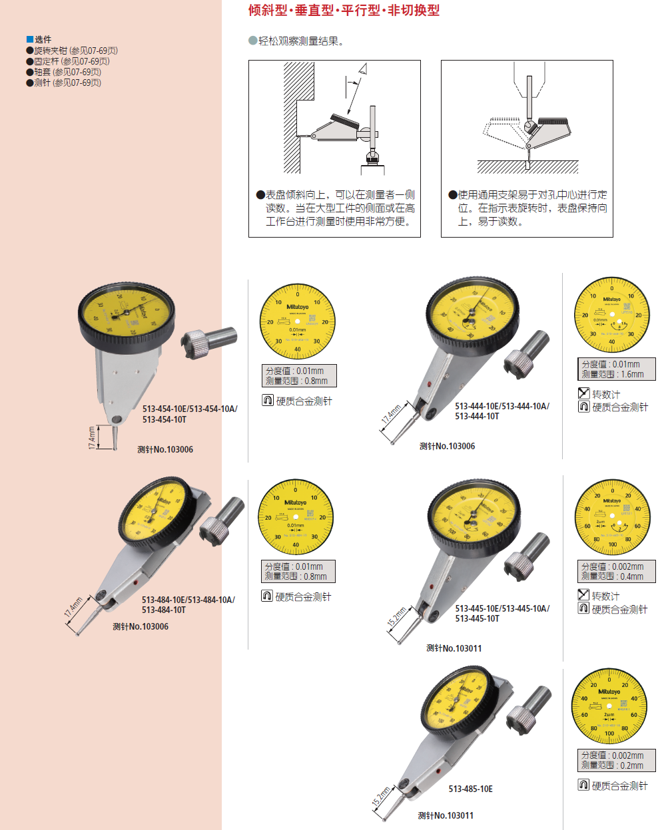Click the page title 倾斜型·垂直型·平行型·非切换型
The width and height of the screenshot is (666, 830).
(344, 11)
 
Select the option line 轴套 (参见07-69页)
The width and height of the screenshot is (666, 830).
(64, 72)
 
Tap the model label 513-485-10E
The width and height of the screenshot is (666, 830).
(470, 789)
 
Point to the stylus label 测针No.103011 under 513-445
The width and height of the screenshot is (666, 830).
(454, 648)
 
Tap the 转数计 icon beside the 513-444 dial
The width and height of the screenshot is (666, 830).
(584, 393)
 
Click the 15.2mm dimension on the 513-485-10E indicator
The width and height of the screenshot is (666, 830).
(381, 797)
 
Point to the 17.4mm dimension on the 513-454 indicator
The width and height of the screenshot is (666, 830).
(92, 438)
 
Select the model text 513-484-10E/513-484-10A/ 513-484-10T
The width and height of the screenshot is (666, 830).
(188, 604)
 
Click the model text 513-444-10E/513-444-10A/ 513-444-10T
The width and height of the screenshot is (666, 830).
(502, 411)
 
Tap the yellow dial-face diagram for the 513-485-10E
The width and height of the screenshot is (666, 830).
(609, 707)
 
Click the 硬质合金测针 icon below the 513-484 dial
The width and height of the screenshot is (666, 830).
(267, 596)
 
